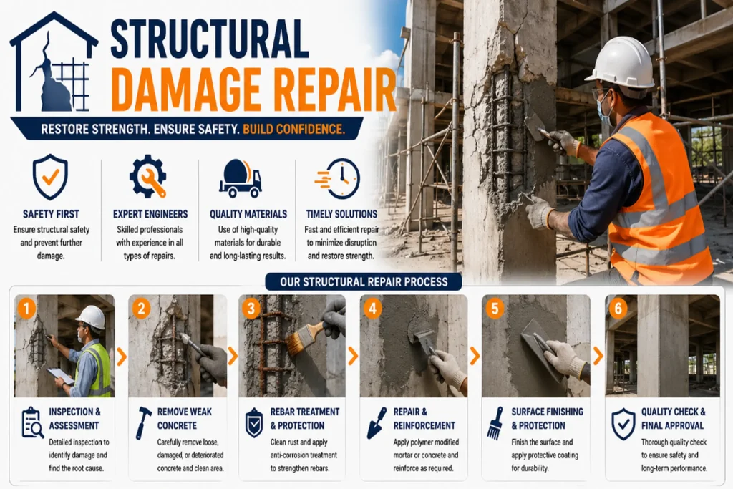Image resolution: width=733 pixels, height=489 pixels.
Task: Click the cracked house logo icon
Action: [x=54, y=63]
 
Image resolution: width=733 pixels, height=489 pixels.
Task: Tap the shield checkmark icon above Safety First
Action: [x=51, y=177]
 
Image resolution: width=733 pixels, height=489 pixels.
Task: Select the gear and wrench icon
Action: [x=148, y=176]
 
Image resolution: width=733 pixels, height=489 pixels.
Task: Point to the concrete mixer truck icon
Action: [x=241, y=178]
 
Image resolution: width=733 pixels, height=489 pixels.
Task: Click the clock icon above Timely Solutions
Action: [x=339, y=178]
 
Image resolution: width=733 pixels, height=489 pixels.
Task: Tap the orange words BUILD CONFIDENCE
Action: [x=293, y=129]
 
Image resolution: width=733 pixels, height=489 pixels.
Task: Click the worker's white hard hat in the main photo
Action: [x=621, y=63]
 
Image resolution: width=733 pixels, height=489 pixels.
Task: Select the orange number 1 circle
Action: [x=26, y=308]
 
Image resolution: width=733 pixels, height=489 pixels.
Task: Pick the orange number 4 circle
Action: [x=372, y=308]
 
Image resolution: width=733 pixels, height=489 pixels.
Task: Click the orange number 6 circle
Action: [x=618, y=308]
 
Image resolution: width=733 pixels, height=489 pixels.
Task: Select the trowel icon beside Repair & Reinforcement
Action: [x=377, y=422]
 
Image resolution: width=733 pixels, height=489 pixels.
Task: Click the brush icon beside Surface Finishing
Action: [x=495, y=422]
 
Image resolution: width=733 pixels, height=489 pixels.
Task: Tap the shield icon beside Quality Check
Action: [x=623, y=424]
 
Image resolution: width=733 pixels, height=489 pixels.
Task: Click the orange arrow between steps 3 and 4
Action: [x=354, y=357]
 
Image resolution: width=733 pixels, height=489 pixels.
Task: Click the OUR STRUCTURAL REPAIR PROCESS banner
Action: [x=364, y=282]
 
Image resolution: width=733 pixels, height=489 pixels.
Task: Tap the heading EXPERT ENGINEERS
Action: [x=150, y=214]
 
